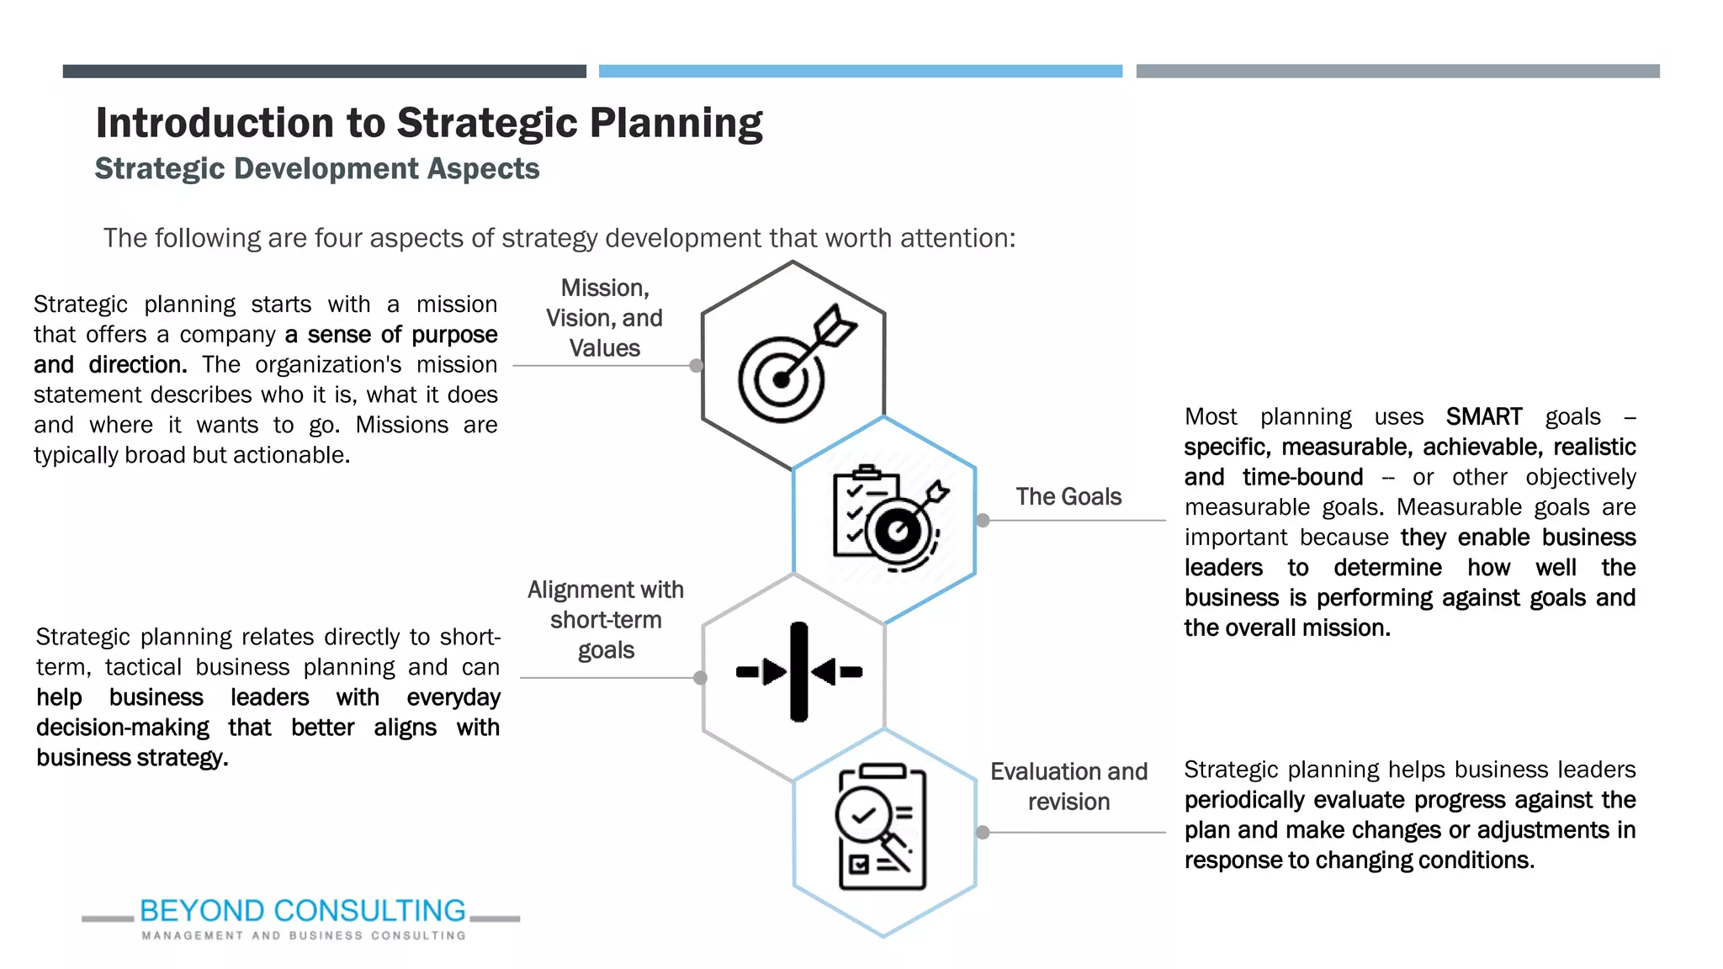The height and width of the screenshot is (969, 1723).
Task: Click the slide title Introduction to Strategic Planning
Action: click(x=429, y=123)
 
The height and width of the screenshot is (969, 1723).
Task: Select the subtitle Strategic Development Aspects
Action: click(x=317, y=168)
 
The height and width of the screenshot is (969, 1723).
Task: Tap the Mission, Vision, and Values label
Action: click(x=604, y=318)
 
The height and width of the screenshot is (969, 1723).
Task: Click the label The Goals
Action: click(x=1068, y=496)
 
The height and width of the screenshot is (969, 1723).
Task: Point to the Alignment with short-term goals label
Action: click(x=606, y=620)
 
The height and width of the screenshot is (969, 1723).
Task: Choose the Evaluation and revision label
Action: click(x=1068, y=786)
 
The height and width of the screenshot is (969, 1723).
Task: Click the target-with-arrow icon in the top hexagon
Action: click(x=795, y=363)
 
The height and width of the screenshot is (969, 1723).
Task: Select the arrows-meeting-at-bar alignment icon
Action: click(x=798, y=672)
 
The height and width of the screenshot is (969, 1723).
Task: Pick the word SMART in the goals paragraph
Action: click(x=1483, y=417)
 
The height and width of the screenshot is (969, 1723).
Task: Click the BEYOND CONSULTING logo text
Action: click(x=303, y=911)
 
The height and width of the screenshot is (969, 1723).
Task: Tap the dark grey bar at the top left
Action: click(x=325, y=71)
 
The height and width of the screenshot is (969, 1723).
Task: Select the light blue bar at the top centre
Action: click(x=860, y=71)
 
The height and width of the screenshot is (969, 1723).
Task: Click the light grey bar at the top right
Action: click(x=1397, y=71)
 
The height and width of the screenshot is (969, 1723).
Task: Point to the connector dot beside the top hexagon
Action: click(x=696, y=366)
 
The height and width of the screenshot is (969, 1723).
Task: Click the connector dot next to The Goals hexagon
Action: click(x=983, y=521)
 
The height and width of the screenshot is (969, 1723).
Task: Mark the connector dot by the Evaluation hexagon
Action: click(x=983, y=833)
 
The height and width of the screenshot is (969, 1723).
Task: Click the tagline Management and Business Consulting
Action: click(x=303, y=935)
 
